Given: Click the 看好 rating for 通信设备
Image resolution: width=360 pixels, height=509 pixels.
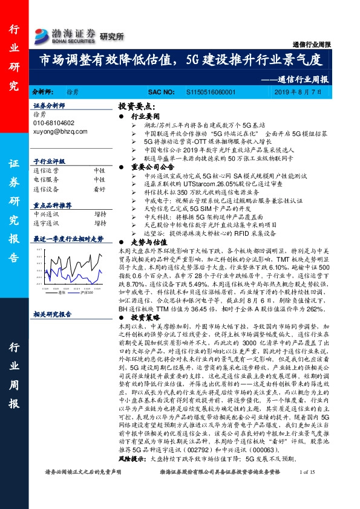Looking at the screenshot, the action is (99, 188).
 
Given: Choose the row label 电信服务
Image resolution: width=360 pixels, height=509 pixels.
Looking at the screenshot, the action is (46, 180).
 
